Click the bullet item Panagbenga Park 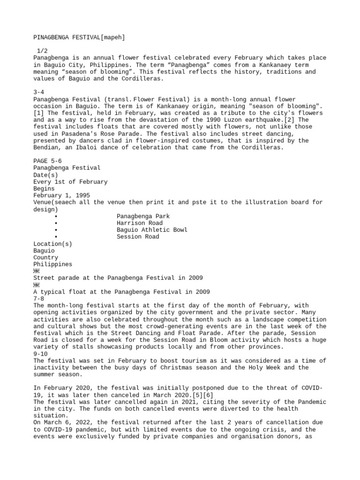coord(143,216)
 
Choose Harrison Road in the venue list coord(139,223)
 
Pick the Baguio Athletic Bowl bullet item coord(152,230)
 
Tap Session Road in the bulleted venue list coord(138,237)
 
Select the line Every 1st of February coord(70,181)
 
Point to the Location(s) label coord(52,244)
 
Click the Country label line coord(46,257)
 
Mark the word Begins coord(44,188)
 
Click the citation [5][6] coord(202,395)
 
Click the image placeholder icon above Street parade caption coord(37,271)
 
